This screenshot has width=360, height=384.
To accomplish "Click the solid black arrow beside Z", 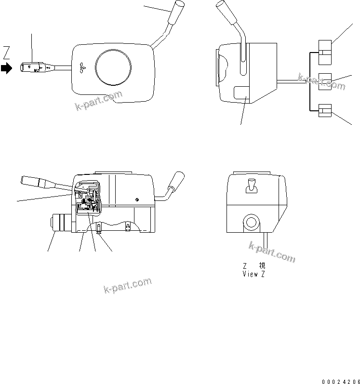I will pos(6,68).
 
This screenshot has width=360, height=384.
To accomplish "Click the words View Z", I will pos(254,274).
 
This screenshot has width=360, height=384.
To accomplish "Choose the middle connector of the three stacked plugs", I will pos(325,81).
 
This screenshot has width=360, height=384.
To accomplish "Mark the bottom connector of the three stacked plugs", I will pos(325,110).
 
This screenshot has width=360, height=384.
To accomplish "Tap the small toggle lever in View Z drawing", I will pos(251,185).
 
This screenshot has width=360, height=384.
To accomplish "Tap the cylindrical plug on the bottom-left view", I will pos(61,224).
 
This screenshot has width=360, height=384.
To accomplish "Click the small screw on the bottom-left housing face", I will pos(137,200).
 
